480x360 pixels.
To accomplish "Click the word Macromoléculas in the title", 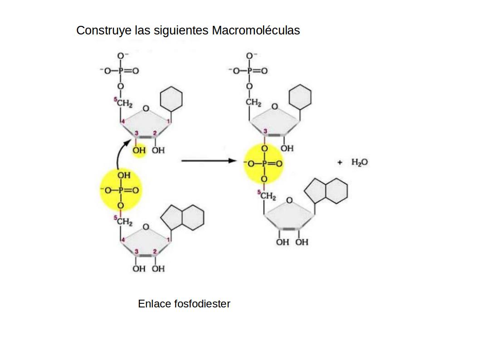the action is tap(255, 30).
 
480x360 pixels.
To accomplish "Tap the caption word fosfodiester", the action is tap(202, 304).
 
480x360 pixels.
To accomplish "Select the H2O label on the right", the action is tap(359, 162).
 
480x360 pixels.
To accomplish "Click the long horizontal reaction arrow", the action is tap(209, 161).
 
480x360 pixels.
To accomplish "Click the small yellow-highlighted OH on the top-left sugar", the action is tap(139, 150).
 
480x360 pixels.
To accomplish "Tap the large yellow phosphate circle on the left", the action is tap(120, 190).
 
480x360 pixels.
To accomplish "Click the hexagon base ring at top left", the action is tap(171, 99).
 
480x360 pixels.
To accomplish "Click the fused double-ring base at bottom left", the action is tap(183, 217).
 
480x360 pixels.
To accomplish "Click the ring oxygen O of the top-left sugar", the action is tap(146, 109).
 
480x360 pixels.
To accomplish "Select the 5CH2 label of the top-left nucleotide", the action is tap(123, 103).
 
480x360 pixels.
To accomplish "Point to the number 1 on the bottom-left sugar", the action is tap(169, 239).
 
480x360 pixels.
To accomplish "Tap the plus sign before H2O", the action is tap(340, 162).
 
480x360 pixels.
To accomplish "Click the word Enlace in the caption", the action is tap(155, 304).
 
